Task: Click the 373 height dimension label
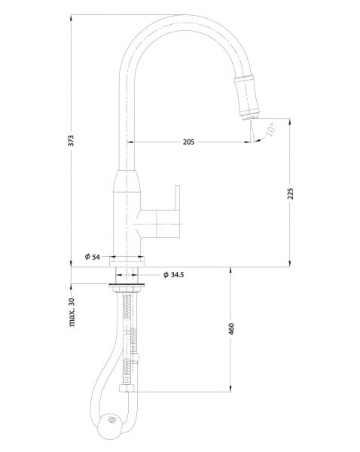[x=71, y=140]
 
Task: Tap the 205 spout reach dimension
[x=189, y=142]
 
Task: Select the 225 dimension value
[x=290, y=194]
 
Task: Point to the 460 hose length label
[x=231, y=329]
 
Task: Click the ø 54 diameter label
[x=93, y=257]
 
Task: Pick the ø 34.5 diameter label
[x=173, y=275]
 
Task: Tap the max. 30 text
[x=72, y=312]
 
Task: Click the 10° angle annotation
[x=270, y=129]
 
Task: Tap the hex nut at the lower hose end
[x=127, y=388]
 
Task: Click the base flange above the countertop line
[x=127, y=262]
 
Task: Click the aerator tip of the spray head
[x=250, y=118]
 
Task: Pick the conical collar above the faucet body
[x=127, y=181]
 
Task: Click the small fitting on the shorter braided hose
[x=134, y=357]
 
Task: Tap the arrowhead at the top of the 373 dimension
[x=72, y=18]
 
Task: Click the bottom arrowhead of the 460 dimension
[x=230, y=389]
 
